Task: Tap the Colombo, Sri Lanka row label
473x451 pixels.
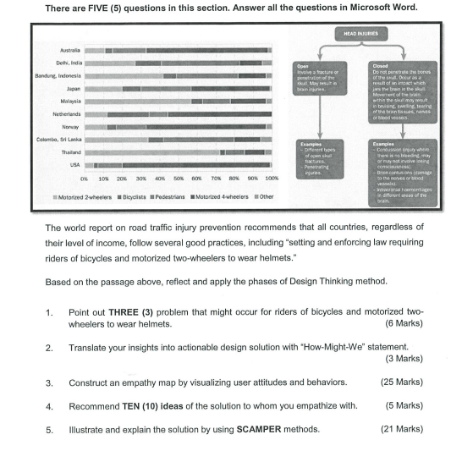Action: coord(58,139)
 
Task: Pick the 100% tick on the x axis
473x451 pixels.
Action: coord(271,179)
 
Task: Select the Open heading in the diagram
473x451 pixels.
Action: coord(301,64)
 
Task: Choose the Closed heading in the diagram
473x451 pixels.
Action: coord(380,64)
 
